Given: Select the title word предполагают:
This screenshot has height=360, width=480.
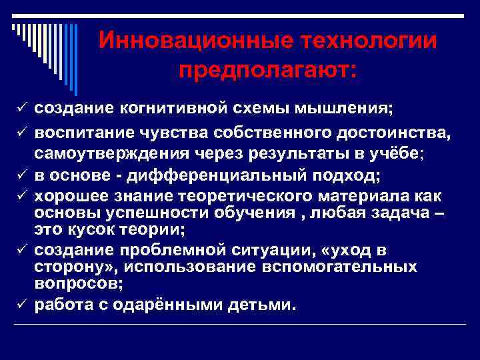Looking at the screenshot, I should (267, 69).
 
